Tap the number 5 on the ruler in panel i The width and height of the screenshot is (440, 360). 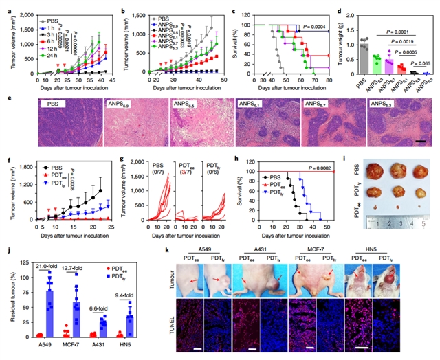click(423, 223)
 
